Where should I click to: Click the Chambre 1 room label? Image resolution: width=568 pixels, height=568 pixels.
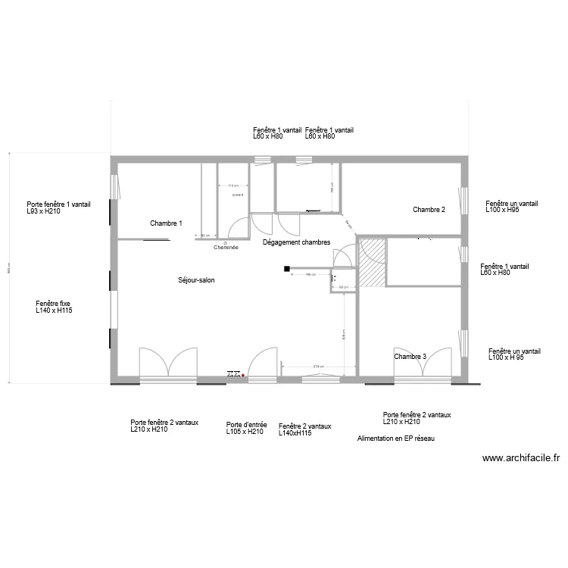(166, 223)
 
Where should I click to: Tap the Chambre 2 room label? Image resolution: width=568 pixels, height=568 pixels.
(429, 210)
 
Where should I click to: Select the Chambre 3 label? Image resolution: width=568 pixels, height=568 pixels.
(410, 357)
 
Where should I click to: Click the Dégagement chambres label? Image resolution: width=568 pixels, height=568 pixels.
(296, 243)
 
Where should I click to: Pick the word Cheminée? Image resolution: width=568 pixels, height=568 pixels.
(226, 248)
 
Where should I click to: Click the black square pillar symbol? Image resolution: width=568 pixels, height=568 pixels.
(287, 268)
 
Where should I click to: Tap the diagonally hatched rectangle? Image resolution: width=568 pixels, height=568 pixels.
(371, 262)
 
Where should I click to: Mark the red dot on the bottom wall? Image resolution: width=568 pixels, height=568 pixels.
(243, 374)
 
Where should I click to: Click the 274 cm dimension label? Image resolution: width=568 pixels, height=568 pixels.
(319, 367)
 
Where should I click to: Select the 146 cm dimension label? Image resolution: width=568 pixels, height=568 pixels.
(311, 275)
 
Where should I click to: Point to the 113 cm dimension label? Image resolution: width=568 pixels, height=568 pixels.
(233, 186)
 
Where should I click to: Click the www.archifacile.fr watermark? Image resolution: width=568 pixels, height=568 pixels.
(520, 458)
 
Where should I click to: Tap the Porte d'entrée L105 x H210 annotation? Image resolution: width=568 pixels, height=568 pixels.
(245, 429)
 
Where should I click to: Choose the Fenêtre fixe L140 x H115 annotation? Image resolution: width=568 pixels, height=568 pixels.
(54, 307)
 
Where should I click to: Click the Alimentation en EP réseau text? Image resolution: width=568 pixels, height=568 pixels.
(395, 438)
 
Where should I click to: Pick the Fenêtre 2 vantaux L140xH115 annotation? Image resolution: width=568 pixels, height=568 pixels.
(304, 429)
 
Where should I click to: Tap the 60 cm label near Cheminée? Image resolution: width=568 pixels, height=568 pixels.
(204, 236)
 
